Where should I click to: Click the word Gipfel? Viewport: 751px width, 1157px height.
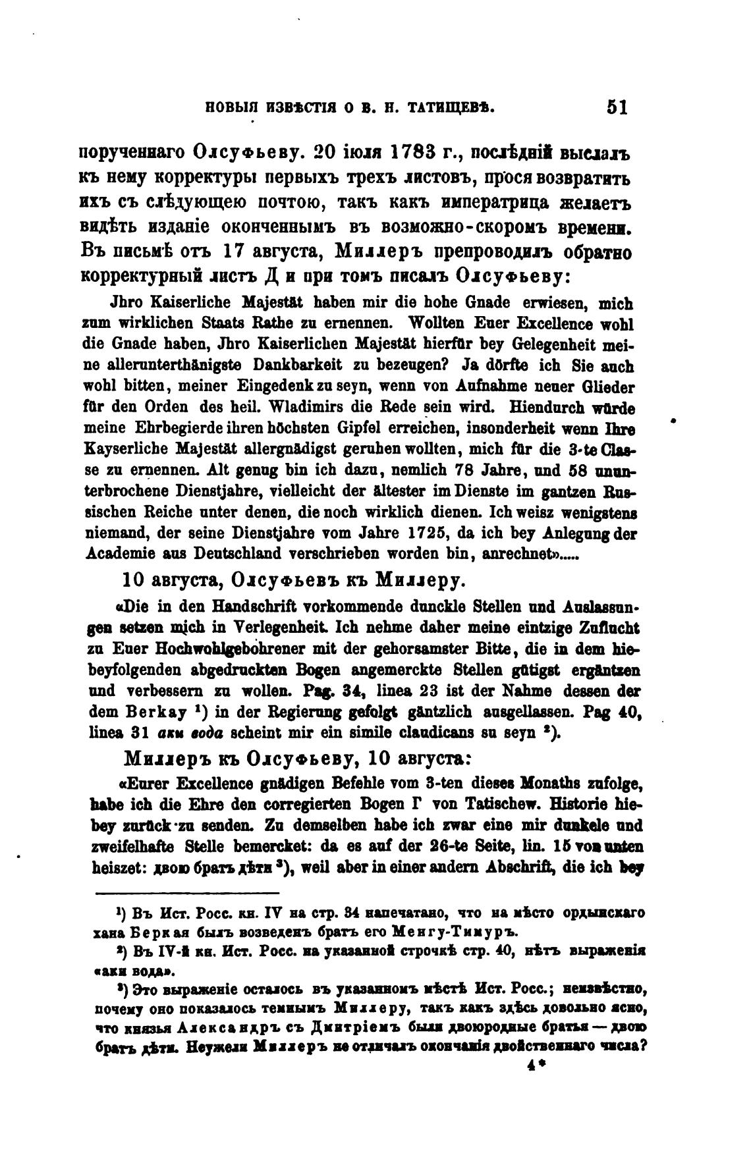[x=335, y=428]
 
